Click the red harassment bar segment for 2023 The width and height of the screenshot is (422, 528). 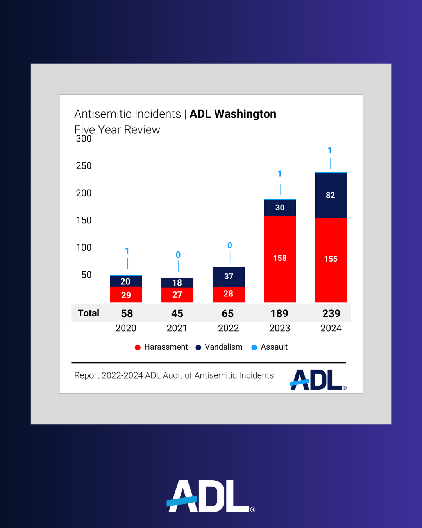280,259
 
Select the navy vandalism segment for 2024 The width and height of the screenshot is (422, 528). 331,195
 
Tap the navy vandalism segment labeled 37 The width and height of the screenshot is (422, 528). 229,277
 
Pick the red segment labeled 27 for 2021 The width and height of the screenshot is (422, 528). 177,295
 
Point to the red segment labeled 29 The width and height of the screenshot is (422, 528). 126,295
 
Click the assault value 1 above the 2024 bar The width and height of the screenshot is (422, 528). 330,151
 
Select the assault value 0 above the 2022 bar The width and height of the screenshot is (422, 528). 230,246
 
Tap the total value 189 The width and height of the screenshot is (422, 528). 279,313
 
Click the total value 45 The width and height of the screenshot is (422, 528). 177,313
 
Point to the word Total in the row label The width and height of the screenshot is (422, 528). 88,313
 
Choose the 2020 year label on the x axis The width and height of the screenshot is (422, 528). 126,328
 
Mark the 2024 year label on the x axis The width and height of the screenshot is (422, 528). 331,328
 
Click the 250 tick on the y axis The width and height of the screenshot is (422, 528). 84,166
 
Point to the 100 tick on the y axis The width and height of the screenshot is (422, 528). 84,248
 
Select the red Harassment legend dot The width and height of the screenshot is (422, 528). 138,347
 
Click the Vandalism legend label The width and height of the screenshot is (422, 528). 224,347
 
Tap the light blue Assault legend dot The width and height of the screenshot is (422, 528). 254,347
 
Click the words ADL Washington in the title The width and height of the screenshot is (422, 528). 233,114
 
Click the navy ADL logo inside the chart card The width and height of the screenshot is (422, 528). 317,380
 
